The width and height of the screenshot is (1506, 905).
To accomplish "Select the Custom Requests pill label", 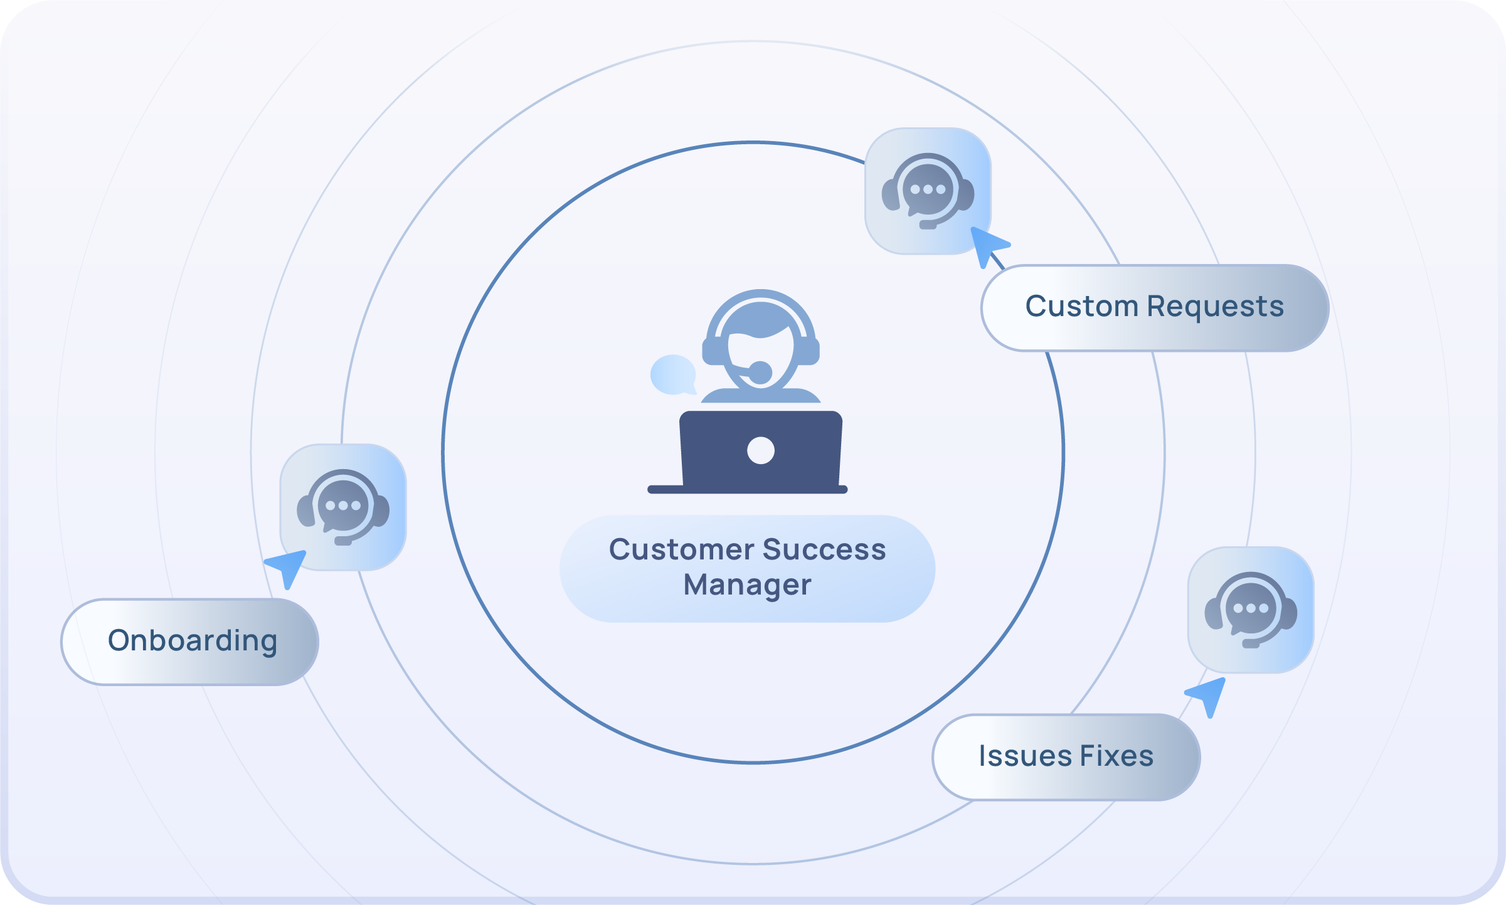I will [1154, 307].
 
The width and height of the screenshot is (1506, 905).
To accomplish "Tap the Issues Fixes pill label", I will [1066, 756].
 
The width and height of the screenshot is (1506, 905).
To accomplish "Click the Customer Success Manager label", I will [747, 568].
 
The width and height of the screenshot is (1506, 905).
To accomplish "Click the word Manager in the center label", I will [747, 585].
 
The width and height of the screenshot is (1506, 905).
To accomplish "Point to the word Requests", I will [1215, 307].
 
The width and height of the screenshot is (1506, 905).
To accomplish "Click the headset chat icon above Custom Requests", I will [928, 191].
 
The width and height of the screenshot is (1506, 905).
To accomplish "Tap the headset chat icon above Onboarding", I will [343, 507].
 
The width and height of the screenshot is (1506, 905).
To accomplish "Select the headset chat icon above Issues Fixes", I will [1251, 610].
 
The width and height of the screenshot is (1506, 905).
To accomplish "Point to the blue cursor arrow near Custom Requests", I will [987, 245].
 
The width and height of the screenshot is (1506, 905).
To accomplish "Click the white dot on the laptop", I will [761, 450].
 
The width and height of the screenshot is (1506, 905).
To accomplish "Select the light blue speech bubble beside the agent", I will [673, 375].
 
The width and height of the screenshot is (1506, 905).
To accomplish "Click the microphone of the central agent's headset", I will [760, 372].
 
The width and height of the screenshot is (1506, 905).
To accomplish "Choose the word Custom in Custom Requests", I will [1081, 307].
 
